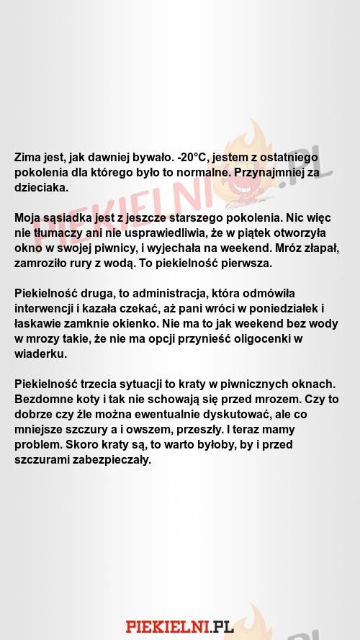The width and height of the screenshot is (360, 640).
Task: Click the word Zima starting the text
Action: pos(29,157)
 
